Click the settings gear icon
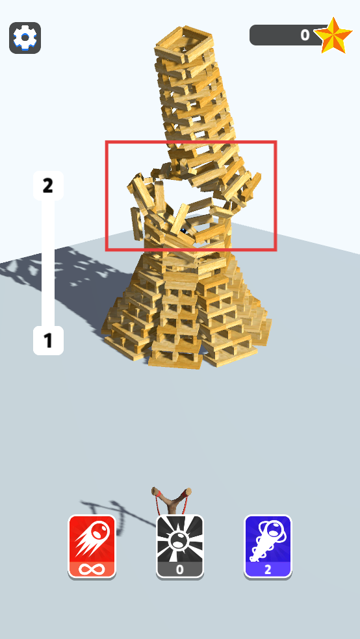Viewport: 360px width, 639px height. (25, 38)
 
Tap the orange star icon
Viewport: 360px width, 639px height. (333, 36)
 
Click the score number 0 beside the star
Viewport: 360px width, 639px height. (305, 36)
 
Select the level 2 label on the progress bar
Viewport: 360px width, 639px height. (48, 186)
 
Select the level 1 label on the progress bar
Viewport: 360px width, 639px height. (48, 340)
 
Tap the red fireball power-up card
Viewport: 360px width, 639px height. (92, 547)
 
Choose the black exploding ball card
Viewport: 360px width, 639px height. (180, 547)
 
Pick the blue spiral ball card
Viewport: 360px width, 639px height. (268, 547)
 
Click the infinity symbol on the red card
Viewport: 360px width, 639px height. (92, 569)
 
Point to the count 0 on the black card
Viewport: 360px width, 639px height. (180, 570)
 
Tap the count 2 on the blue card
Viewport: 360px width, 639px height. (268, 570)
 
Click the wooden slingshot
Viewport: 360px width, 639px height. (172, 501)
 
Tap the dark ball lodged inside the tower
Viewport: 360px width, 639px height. (184, 231)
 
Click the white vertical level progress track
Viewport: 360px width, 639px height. (48, 263)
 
